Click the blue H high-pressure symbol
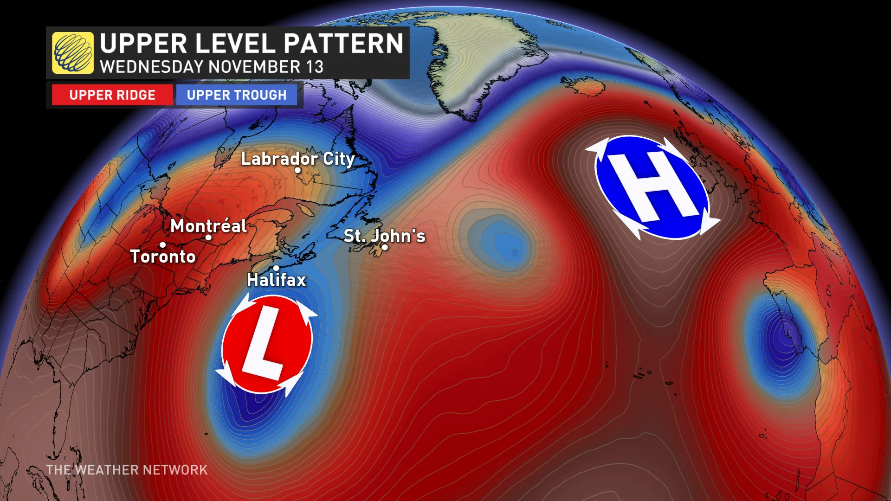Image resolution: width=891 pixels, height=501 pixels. [x=652, y=187]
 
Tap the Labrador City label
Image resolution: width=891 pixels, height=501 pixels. [x=297, y=159]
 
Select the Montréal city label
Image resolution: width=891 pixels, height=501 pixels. [x=208, y=226]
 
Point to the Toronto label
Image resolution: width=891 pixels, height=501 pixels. [x=163, y=257]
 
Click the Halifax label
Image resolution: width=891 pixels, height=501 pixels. [x=277, y=280]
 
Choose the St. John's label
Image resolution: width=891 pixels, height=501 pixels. [x=384, y=236]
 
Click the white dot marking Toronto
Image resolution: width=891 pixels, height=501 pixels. [x=162, y=245]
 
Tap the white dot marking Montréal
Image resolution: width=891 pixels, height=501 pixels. [x=208, y=238]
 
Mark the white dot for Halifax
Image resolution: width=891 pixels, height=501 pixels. [x=276, y=268]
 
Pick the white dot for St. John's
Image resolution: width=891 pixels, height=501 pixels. [x=385, y=247]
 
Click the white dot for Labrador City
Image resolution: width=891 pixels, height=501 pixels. [x=297, y=170]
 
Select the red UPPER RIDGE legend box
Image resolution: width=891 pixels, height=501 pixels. [x=112, y=95]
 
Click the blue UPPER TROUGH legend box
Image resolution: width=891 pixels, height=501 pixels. [x=237, y=95]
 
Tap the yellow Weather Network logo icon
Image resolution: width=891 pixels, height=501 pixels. [x=73, y=53]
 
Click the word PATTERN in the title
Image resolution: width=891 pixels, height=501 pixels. [x=343, y=44]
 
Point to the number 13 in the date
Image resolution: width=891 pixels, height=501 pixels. [x=314, y=67]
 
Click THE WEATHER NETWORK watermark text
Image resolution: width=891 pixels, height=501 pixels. [x=127, y=470]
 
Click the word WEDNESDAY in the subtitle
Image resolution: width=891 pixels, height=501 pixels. [x=151, y=67]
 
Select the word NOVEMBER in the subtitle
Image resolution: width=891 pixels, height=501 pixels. [x=254, y=67]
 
